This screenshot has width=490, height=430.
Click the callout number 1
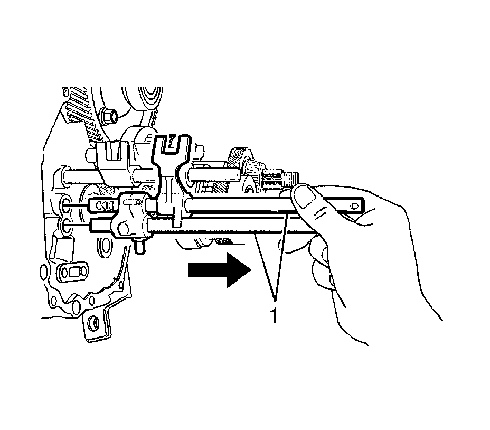click(274, 315)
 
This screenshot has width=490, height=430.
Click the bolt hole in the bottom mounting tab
click(94, 322)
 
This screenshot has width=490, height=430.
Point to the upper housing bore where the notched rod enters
click(67, 204)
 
